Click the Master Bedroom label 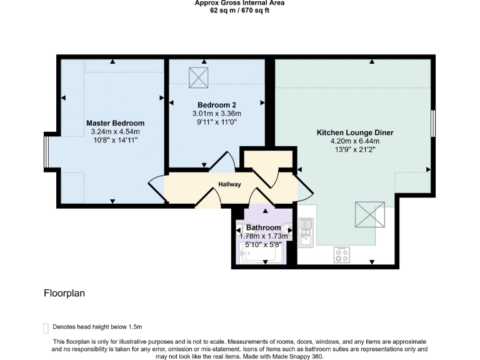pyautogui.click(x=115, y=123)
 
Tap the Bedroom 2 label pyautogui.click(x=216, y=104)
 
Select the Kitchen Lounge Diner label pyautogui.click(x=355, y=132)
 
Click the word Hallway pyautogui.click(x=229, y=184)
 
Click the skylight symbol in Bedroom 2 pyautogui.click(x=200, y=77)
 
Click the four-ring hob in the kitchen pyautogui.click(x=341, y=254)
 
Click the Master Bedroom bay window pyautogui.click(x=46, y=151)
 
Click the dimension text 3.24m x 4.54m pyautogui.click(x=115, y=132)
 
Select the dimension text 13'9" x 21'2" pyautogui.click(x=355, y=150)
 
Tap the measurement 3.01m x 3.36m pyautogui.click(x=216, y=113)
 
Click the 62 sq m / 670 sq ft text pyautogui.click(x=239, y=10)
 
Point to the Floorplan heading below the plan pyautogui.click(x=64, y=292)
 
